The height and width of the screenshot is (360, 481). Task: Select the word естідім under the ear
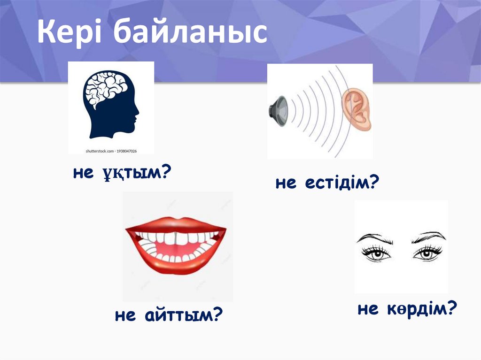pos(334,183)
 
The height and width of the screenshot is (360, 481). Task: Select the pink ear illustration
pos(357,110)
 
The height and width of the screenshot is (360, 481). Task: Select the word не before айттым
pos(125,316)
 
